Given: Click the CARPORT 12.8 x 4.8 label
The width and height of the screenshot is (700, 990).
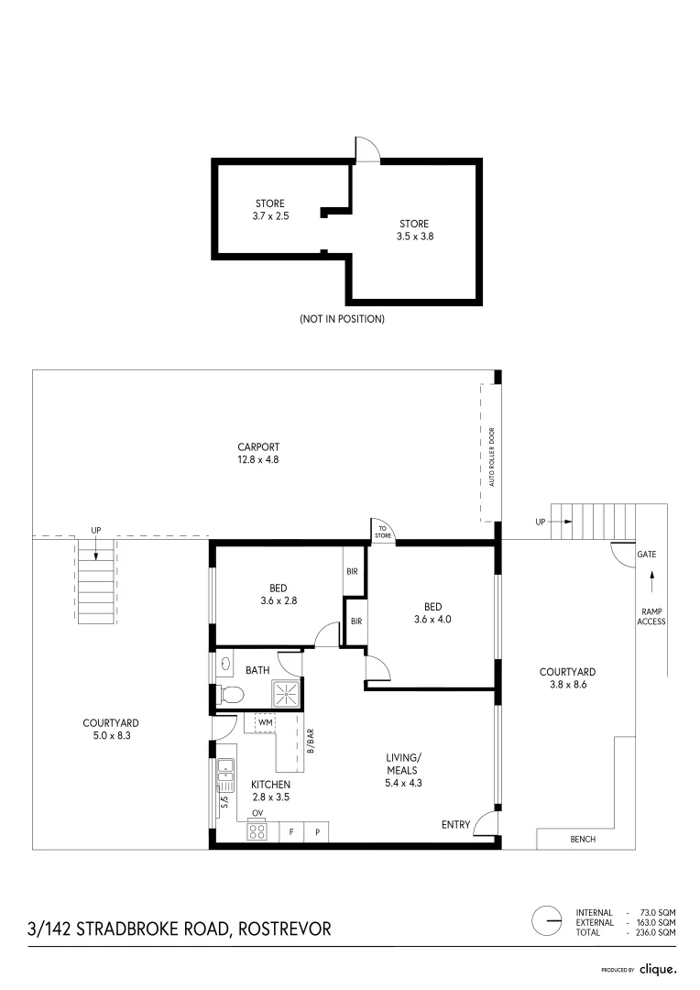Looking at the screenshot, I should (x=257, y=454).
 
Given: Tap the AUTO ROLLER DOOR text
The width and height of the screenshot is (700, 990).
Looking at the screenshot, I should (x=492, y=456).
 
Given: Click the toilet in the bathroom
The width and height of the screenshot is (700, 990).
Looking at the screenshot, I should (x=231, y=696).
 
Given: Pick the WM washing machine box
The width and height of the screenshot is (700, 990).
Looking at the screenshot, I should (x=265, y=722).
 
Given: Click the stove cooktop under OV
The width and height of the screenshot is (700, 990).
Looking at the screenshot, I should (x=258, y=832).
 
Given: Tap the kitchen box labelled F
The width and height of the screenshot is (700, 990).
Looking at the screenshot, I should (x=291, y=832).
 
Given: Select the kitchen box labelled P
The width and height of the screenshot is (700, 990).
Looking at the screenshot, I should (x=317, y=832).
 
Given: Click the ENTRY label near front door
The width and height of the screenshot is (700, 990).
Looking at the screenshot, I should (x=455, y=825).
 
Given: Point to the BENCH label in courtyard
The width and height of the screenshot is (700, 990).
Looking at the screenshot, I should (x=582, y=839).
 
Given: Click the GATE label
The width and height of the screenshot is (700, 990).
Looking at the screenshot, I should (x=647, y=555).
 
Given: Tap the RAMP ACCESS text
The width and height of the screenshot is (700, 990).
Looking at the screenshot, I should (x=651, y=616).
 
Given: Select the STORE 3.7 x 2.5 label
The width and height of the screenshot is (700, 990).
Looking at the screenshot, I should (x=269, y=210).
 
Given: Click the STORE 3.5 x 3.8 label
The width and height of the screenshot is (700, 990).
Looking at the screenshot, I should (x=413, y=229).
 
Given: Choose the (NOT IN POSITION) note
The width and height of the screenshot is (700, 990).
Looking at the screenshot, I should (x=342, y=319).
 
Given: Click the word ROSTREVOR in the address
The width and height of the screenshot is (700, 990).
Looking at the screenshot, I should (x=285, y=929).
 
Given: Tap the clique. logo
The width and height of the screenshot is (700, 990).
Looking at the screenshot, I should (x=658, y=968).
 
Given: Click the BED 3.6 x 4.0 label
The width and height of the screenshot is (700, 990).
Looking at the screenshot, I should (x=432, y=612).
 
